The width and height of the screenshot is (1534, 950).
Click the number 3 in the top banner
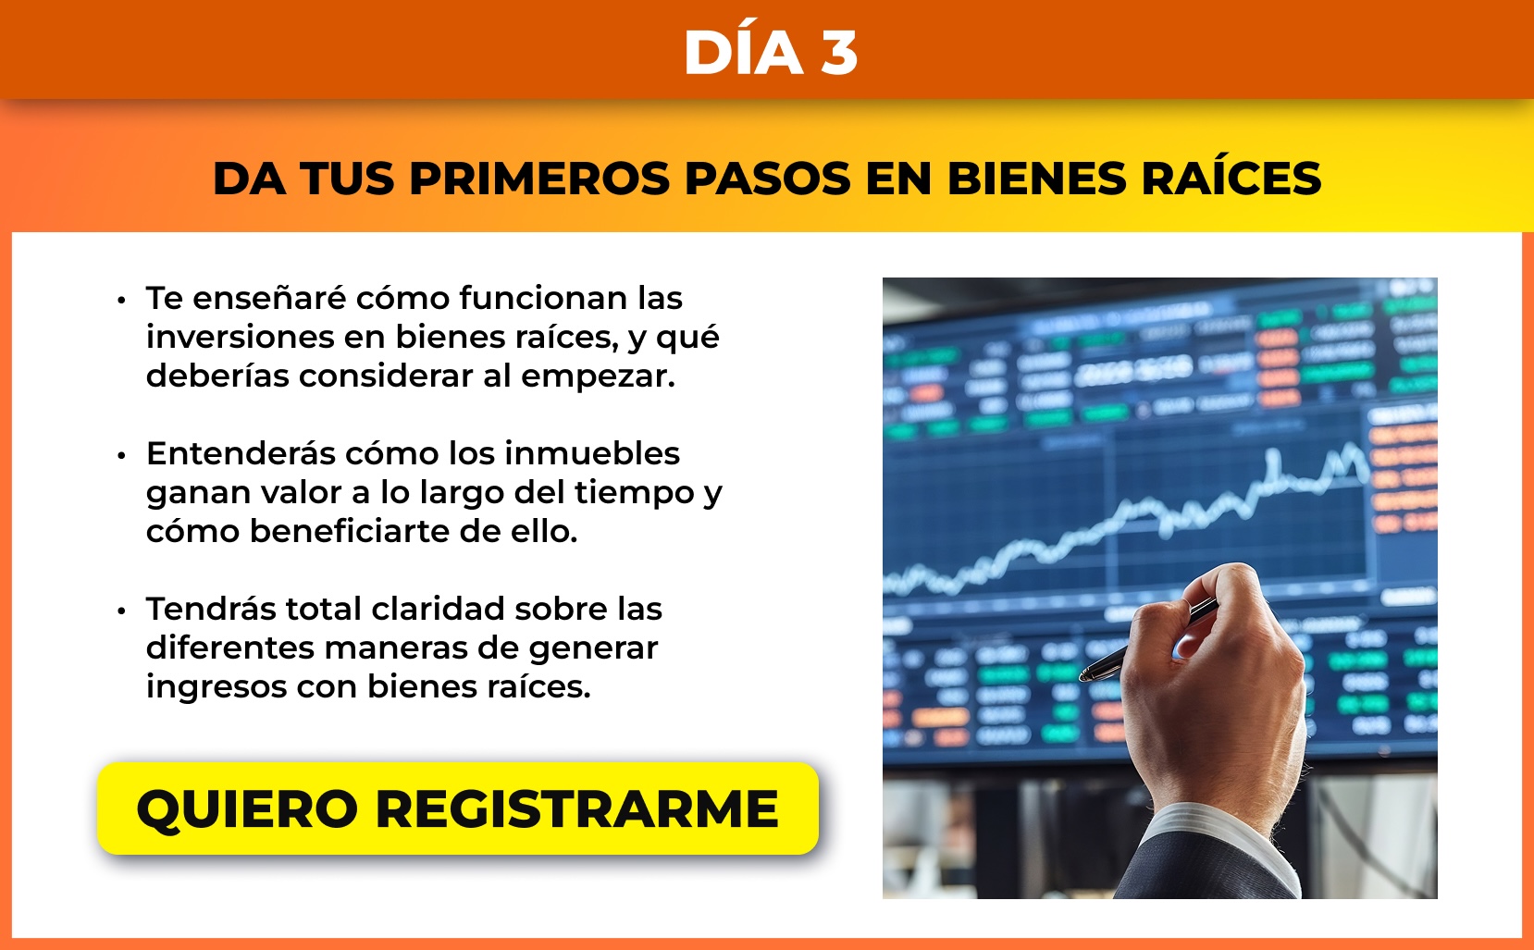click(x=839, y=53)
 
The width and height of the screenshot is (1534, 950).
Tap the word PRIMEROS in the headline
click(x=539, y=179)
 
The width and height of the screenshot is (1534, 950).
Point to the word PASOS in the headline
click(x=768, y=179)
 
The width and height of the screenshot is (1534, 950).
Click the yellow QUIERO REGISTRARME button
click(x=457, y=808)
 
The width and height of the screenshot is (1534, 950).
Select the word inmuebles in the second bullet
click(x=592, y=453)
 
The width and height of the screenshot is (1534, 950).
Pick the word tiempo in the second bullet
click(x=634, y=493)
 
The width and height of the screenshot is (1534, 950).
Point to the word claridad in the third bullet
click(x=438, y=609)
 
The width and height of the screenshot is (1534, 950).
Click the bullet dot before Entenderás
click(x=122, y=455)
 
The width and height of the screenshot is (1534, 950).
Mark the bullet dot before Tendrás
click(x=122, y=611)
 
